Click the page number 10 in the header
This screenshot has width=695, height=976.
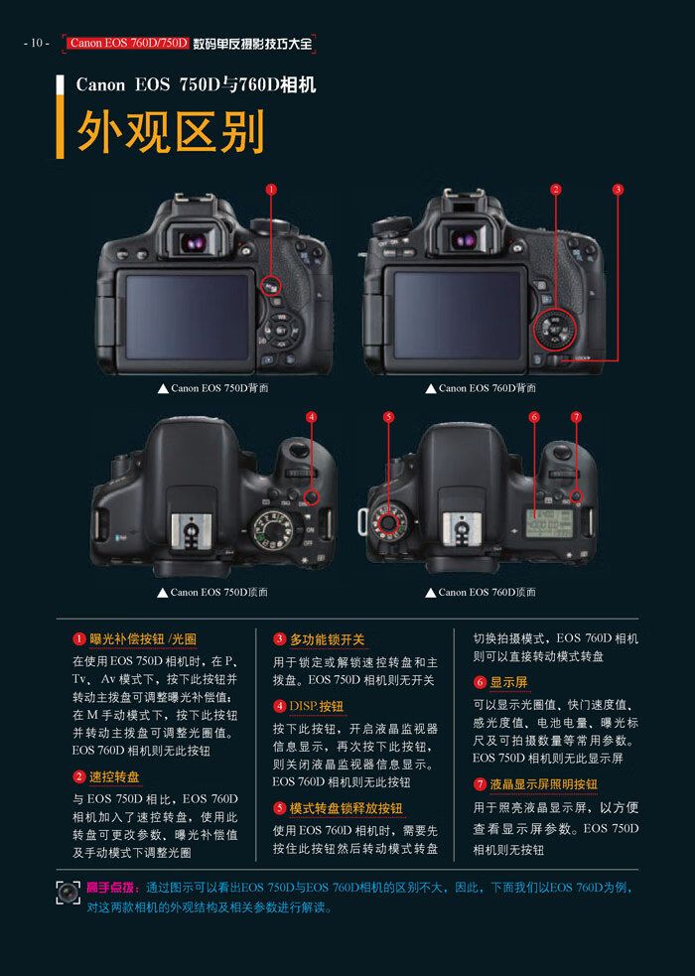coord(36,43)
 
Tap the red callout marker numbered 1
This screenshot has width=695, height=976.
coord(270,189)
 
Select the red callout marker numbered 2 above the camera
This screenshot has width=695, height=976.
coord(556,189)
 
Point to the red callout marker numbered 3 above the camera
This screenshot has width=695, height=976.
coord(618,189)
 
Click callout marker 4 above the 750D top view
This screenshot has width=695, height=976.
coord(311,417)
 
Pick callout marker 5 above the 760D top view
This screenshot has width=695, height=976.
coord(388,417)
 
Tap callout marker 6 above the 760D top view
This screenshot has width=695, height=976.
coord(534,417)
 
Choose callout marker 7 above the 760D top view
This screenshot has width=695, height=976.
coord(576,417)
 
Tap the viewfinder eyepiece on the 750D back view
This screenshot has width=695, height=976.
coord(195,241)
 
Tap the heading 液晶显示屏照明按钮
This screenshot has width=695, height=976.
coord(543,784)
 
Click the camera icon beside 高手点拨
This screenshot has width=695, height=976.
coord(67,892)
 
